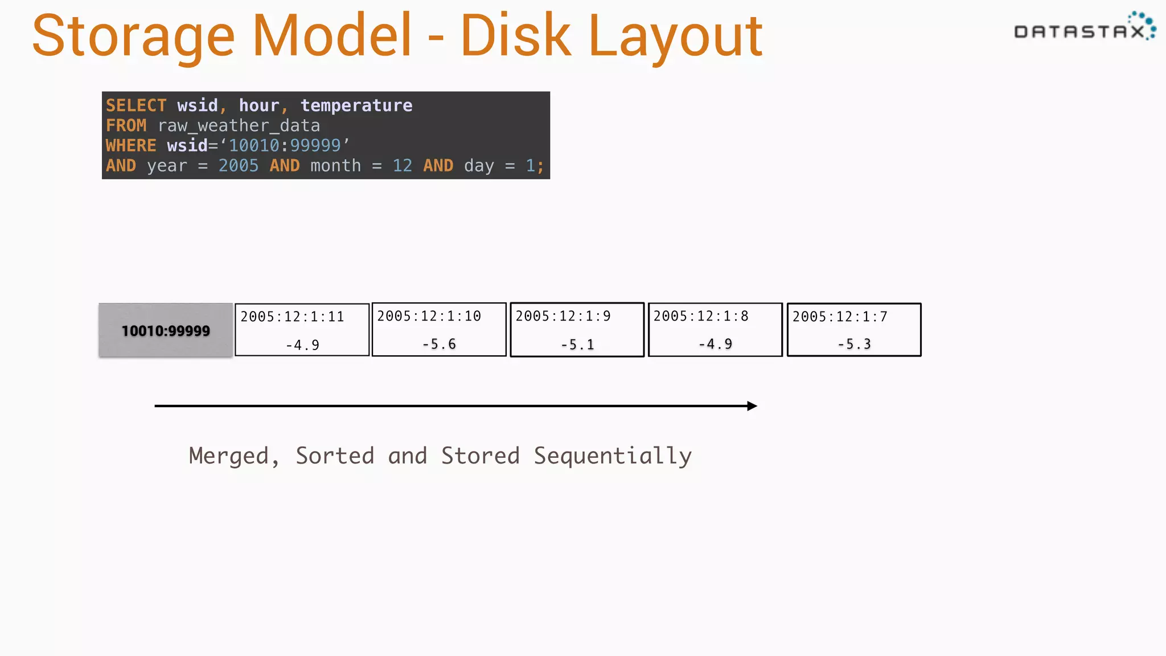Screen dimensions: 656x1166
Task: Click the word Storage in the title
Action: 133,38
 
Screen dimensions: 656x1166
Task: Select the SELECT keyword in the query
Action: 136,105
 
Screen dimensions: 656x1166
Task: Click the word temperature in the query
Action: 356,105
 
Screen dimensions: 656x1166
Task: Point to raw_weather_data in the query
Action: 239,125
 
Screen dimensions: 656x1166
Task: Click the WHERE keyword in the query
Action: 131,146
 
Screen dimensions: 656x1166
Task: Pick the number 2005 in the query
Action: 239,166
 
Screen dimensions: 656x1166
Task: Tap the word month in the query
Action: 335,166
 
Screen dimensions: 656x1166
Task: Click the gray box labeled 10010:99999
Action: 166,330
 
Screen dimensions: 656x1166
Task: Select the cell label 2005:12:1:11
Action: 292,317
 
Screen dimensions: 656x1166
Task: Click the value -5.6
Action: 439,344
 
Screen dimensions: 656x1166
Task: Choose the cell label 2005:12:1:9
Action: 563,316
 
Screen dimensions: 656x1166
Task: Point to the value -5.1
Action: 577,345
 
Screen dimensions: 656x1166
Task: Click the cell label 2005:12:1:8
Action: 701,316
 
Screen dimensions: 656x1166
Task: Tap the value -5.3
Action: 854,344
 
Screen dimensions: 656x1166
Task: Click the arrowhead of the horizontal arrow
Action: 752,406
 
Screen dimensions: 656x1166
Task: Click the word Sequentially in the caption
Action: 613,456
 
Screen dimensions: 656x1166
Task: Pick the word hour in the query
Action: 259,105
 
